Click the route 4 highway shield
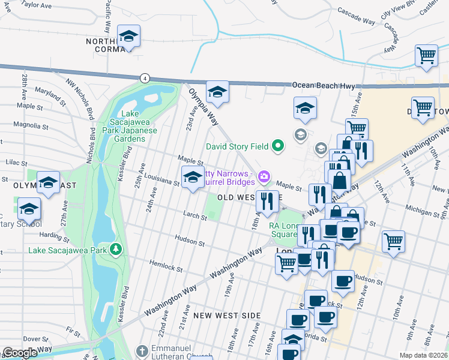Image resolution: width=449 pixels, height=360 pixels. pyautogui.click(x=145, y=78)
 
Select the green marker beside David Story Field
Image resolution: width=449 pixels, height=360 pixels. pyautogui.click(x=277, y=145)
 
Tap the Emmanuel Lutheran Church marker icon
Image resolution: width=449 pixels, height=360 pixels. pyautogui.click(x=141, y=350)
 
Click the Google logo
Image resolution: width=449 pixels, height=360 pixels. pyautogui.click(x=20, y=353)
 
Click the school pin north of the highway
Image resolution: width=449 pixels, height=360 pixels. pyautogui.click(x=128, y=37)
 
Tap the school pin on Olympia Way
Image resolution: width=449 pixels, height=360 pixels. pyautogui.click(x=217, y=92)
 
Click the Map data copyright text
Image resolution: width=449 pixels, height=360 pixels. pyautogui.click(x=423, y=355)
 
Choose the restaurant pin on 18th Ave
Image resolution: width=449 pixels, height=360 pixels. pyautogui.click(x=267, y=201)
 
